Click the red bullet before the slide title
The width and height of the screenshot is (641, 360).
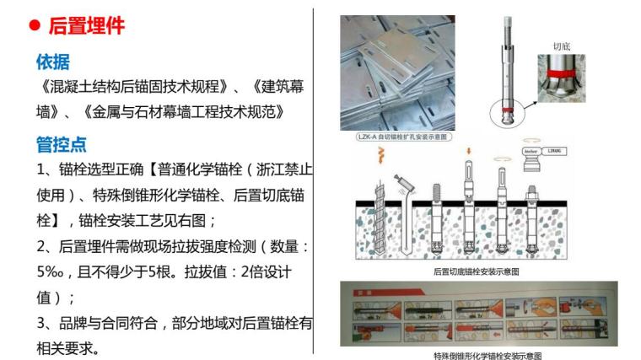pos(35,26)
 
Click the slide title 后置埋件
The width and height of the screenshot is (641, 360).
pos(87,26)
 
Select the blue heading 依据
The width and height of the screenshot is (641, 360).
pos(52,62)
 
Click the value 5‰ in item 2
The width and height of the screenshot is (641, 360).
pos(53,273)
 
